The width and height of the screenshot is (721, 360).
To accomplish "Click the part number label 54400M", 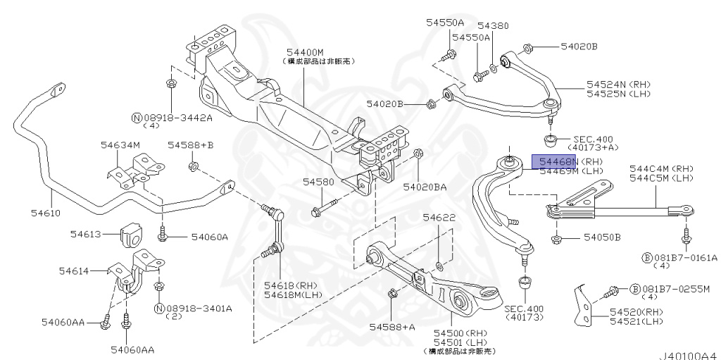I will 304,52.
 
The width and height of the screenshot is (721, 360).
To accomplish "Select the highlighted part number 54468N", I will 554,161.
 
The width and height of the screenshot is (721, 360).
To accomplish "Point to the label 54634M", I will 120,144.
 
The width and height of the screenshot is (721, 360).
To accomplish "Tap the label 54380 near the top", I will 492,25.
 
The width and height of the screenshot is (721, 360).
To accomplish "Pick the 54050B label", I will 602,237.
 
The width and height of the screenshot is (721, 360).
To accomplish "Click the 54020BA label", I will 425,187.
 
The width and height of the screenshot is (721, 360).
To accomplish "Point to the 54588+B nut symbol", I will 192,167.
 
